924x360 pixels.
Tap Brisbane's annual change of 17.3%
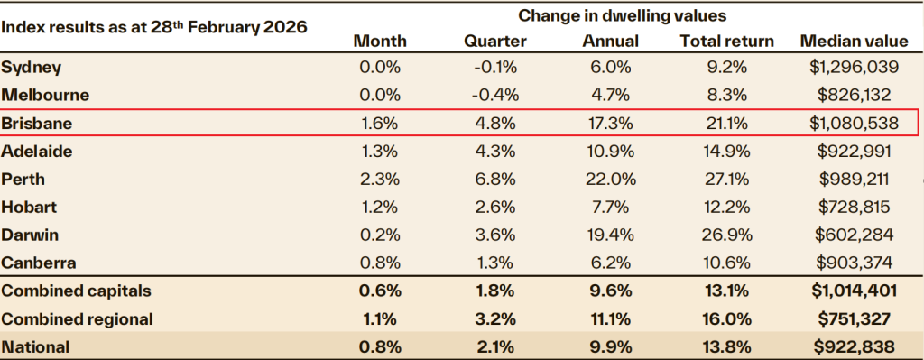(x=612, y=122)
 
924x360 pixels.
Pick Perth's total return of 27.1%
(x=726, y=179)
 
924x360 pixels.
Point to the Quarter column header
(x=494, y=42)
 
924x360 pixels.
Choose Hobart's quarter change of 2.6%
(x=494, y=207)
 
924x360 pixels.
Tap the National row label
(x=35, y=346)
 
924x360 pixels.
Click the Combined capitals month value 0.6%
(x=380, y=291)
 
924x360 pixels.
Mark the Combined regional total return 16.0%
(x=726, y=318)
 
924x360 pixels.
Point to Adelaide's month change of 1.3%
(x=380, y=150)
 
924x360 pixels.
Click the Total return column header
(x=726, y=42)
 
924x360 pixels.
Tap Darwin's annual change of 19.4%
(x=612, y=235)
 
